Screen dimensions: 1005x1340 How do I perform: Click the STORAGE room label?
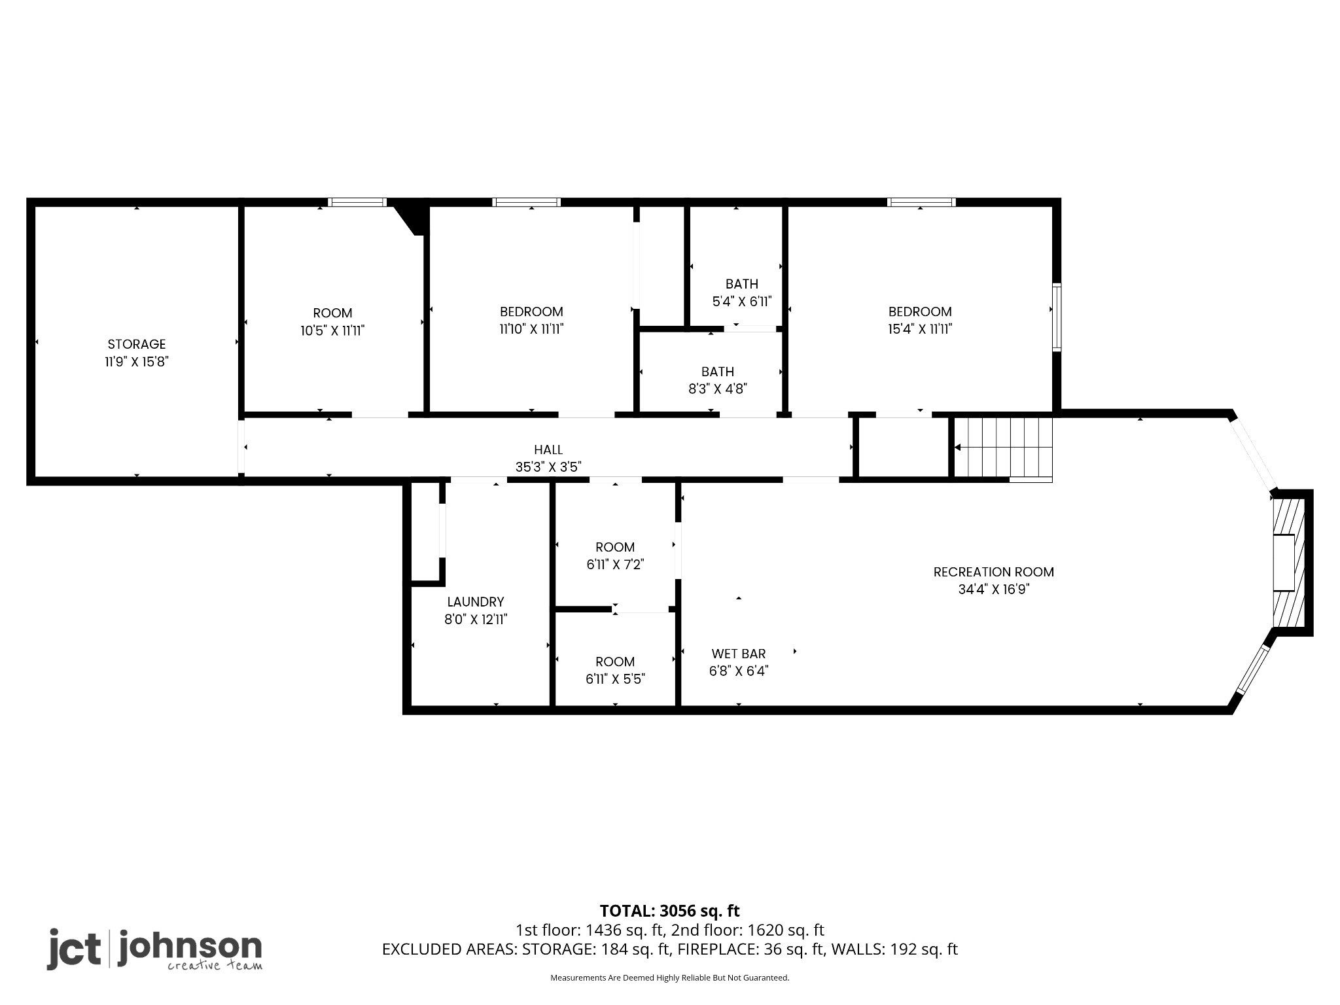coord(137,344)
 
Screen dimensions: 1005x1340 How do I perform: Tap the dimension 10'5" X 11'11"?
coord(332,330)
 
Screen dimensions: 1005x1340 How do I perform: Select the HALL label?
coord(548,450)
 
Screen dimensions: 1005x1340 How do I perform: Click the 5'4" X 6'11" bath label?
coord(742,302)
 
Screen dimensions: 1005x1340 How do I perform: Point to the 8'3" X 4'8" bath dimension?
coord(718,389)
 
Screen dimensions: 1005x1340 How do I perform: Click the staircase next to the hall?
coord(1002,448)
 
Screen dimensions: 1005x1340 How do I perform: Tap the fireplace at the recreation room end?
coord(1288,563)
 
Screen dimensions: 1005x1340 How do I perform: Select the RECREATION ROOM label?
coord(993,572)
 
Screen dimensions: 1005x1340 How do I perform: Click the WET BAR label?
coord(739,654)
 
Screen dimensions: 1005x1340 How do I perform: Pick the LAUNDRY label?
coord(476,602)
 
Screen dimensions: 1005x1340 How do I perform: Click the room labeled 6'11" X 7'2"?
coord(615,555)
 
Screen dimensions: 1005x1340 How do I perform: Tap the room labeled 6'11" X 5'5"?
coord(615,670)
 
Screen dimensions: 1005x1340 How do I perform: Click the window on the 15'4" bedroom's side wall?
coord(1057,317)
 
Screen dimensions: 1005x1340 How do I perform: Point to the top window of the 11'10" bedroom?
coord(527,202)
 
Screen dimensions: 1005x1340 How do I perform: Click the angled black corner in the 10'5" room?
coord(412,216)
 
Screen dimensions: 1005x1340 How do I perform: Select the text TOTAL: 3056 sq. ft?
coord(669,911)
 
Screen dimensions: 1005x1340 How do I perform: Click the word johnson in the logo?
coord(190,947)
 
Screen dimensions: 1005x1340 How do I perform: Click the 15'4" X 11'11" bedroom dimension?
coord(919,329)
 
